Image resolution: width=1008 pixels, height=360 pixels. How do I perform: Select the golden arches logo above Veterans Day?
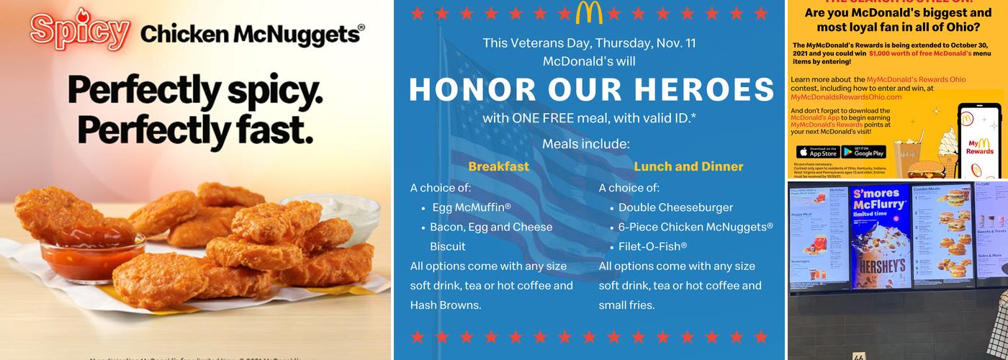589,12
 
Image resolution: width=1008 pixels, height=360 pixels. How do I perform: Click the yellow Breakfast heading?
498,166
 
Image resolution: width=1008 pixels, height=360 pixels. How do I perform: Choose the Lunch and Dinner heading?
688,166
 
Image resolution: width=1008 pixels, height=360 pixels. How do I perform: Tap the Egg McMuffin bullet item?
472,207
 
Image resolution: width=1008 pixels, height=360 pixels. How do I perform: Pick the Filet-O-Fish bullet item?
652,246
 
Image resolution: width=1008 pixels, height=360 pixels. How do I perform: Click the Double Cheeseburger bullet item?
675,207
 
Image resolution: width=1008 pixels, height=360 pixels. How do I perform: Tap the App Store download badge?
817,151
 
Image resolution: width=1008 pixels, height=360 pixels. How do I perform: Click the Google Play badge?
863,151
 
